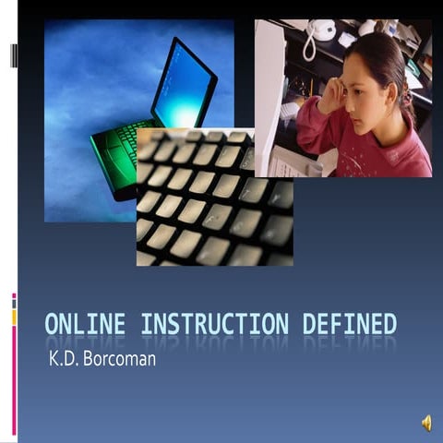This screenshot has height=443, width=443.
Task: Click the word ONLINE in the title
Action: [x=87, y=324]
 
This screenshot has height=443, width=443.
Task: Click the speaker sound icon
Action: [x=426, y=422]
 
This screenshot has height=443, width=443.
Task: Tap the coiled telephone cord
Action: [x=308, y=46]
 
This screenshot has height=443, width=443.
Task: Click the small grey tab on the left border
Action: [x=14, y=55]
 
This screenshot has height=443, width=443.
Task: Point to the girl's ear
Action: [x=386, y=91]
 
